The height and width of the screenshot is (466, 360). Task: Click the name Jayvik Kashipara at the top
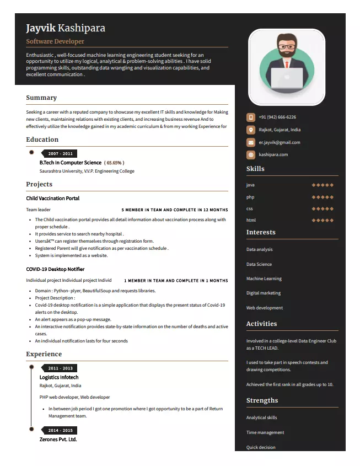65,28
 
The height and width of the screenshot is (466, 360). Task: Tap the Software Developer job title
55,41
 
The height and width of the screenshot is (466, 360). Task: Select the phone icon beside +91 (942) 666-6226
250,117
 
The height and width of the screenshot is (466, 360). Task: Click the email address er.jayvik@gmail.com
280,142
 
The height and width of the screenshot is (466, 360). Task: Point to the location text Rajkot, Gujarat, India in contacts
280,130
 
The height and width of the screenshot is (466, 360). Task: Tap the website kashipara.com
273,154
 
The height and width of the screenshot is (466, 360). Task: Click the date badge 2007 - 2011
60,153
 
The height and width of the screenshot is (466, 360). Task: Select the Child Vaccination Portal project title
52,198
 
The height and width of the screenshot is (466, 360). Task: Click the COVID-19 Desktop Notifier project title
55,269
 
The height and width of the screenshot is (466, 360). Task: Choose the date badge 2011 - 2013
60,368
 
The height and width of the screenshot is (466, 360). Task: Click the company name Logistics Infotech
59,377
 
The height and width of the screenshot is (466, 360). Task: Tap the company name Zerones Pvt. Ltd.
58,439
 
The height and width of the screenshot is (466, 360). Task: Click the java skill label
250,185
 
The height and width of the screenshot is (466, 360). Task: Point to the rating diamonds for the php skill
323,197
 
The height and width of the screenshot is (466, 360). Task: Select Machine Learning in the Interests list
264,278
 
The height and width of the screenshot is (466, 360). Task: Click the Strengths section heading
262,400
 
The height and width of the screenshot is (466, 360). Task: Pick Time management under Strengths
265,432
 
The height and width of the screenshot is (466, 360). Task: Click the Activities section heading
261,324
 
